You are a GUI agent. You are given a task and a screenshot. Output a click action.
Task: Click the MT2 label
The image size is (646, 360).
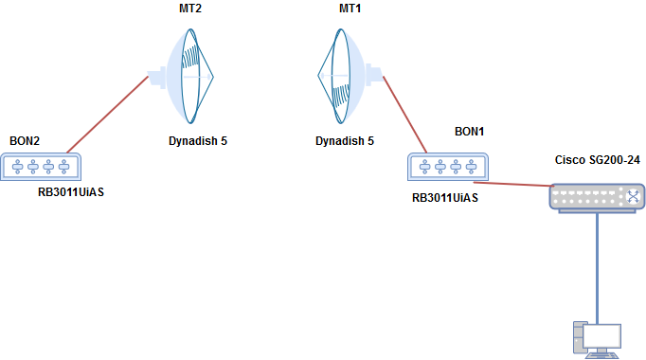[x=191, y=8]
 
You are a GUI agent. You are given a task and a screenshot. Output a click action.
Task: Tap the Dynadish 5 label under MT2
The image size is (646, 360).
[x=191, y=141]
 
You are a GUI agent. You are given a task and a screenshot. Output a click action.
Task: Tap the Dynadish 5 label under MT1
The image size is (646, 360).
[x=345, y=141]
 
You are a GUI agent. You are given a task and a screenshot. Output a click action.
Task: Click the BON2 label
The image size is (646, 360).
[x=25, y=141]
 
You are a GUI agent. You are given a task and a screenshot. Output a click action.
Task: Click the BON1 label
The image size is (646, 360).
[x=470, y=131]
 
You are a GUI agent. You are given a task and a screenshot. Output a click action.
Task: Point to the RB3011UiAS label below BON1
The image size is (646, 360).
[x=445, y=199]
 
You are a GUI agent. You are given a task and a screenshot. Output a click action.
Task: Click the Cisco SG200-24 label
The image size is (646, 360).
[x=598, y=160]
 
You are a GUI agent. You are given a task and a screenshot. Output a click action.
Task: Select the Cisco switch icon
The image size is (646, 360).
[x=597, y=196]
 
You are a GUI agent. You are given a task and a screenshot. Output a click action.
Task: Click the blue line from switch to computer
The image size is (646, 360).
[x=597, y=265]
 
